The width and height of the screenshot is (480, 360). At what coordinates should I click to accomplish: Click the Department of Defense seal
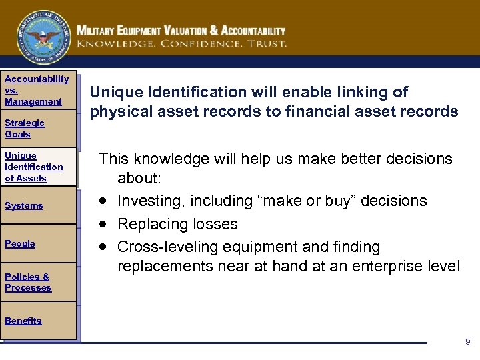tap(43, 37)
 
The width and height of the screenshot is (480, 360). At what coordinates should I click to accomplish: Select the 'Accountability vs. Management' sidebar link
tap(36, 90)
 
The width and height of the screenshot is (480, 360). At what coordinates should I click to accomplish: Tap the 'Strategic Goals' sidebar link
tap(25, 128)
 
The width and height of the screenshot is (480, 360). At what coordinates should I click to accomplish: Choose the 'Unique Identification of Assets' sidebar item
tap(33, 167)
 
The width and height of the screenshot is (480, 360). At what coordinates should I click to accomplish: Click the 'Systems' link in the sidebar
tap(24, 206)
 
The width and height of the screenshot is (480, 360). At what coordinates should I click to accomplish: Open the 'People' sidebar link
tap(20, 244)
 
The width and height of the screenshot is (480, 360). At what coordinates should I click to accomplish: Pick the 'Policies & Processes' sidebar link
tap(27, 282)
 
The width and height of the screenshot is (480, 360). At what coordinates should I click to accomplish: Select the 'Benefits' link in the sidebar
tap(23, 321)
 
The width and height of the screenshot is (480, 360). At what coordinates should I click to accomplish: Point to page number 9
tap(467, 342)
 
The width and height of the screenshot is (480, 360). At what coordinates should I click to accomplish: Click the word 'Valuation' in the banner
tap(190, 31)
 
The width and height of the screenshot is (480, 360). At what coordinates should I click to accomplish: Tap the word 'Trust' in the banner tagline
tap(267, 43)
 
